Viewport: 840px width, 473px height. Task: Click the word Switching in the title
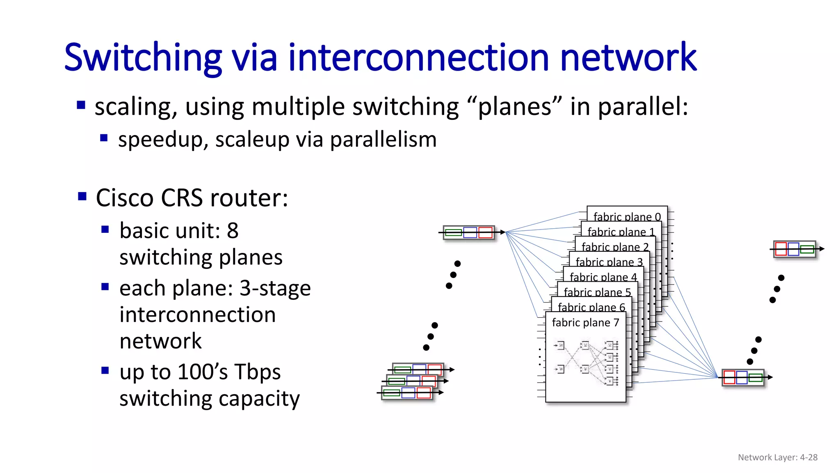[x=143, y=57]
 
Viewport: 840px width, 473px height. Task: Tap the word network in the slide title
[x=628, y=57]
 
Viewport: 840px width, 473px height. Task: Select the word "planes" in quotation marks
[x=514, y=107]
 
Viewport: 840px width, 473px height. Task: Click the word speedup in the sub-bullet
[x=164, y=140]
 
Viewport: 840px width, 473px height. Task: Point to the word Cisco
[x=125, y=198]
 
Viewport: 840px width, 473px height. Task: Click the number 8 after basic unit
[x=233, y=231]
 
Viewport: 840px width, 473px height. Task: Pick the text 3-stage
[x=275, y=288]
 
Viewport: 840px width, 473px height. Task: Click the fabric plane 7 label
[x=585, y=323]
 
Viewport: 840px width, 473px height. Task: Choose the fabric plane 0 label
[x=627, y=217]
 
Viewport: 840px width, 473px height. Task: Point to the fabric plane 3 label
[x=609, y=262]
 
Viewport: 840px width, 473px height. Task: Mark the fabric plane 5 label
[x=597, y=292]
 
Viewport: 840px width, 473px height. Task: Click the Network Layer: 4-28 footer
[x=777, y=457]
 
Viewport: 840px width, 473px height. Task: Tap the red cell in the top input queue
[x=485, y=233]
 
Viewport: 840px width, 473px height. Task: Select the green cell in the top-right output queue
[x=807, y=249]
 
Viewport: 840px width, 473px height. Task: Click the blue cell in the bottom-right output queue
[x=742, y=377]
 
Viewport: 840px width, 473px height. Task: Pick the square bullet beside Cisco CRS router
[x=82, y=196]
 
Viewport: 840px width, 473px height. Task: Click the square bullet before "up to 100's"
[x=105, y=370]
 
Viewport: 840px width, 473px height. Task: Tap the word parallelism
[x=383, y=140]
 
